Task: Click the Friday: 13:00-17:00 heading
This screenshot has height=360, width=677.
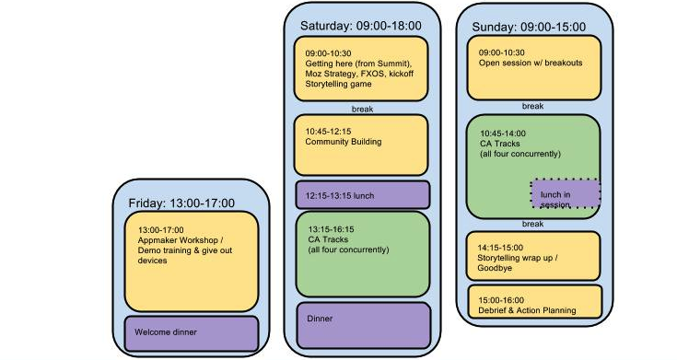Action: [181, 203]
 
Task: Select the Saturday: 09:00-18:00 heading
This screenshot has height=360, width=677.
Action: [360, 26]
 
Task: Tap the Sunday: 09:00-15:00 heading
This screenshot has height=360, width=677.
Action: [529, 28]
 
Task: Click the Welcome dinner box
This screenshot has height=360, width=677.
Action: [192, 333]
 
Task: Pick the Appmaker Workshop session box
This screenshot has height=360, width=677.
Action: [192, 261]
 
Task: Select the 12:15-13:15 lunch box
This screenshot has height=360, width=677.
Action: [363, 195]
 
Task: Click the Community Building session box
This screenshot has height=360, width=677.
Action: [361, 145]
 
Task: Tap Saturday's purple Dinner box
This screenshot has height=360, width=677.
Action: [364, 325]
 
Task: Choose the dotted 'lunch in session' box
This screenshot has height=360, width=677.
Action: [566, 193]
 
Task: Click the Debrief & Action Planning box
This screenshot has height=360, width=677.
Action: [535, 301]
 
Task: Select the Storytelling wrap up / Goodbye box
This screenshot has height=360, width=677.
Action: [533, 256]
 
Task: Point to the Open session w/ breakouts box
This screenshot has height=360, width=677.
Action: [534, 68]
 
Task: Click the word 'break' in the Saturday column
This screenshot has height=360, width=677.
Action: [362, 110]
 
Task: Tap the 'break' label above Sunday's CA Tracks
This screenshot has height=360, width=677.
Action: [532, 106]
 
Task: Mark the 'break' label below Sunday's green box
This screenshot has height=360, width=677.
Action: [532, 224]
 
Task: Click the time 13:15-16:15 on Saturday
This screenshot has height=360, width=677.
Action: [331, 229]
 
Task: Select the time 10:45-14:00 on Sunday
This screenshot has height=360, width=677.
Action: [503, 134]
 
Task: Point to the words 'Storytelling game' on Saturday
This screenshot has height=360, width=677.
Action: [338, 84]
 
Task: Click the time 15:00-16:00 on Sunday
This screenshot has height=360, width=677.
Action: [501, 300]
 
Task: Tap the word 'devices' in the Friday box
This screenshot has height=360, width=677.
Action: [152, 261]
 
